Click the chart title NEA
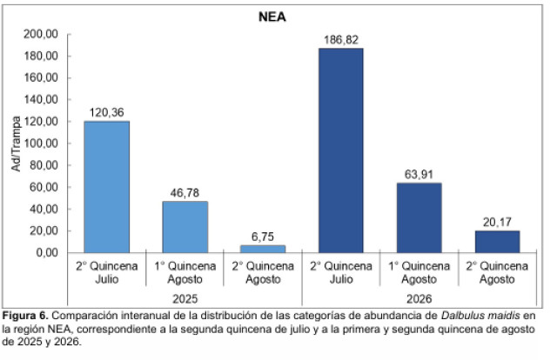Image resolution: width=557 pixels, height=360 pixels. click(x=272, y=17)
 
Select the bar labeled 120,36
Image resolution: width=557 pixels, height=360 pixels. click(x=106, y=187)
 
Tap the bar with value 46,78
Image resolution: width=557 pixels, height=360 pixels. click(x=185, y=227)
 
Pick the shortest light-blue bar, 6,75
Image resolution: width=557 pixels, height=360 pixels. click(x=263, y=249)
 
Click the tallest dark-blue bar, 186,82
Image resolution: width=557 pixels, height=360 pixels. click(x=341, y=150)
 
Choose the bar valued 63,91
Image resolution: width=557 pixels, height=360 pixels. click(x=419, y=217)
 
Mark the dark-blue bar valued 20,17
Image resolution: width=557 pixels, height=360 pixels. click(x=497, y=242)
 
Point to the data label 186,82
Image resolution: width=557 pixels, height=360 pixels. click(x=341, y=40)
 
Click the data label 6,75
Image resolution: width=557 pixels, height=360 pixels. click(x=263, y=237)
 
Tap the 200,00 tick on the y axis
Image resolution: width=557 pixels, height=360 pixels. click(x=41, y=34)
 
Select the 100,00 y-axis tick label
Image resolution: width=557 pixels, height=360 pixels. click(x=41, y=143)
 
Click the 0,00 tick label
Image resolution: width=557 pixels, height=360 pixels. click(x=46, y=253)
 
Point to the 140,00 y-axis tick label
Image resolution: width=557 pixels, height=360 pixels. click(x=41, y=100)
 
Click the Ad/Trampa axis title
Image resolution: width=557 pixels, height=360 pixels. click(x=16, y=143)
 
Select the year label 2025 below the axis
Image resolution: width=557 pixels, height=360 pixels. click(x=185, y=299)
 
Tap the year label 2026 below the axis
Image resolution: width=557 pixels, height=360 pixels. click(x=419, y=299)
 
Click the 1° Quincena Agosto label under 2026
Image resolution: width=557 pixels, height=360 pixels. click(x=419, y=273)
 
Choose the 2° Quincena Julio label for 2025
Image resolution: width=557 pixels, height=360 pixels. click(x=106, y=273)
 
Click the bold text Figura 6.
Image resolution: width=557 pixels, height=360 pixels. click(x=25, y=316)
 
